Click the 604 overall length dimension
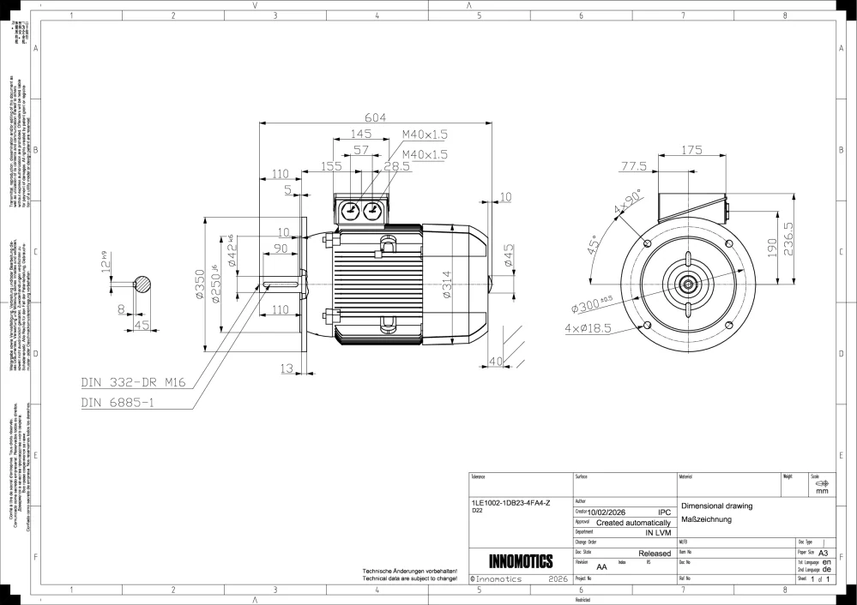pos(374,117)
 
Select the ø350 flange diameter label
pos(198,284)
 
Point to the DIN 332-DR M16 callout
pos(136,382)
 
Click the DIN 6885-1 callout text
pos(118,402)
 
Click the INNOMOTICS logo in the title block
pos(520,561)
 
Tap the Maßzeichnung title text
pos(705,519)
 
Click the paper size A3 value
pos(823,554)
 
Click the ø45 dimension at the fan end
pos(510,257)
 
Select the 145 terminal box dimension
pos(361,134)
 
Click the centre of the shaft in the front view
pos(688,284)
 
